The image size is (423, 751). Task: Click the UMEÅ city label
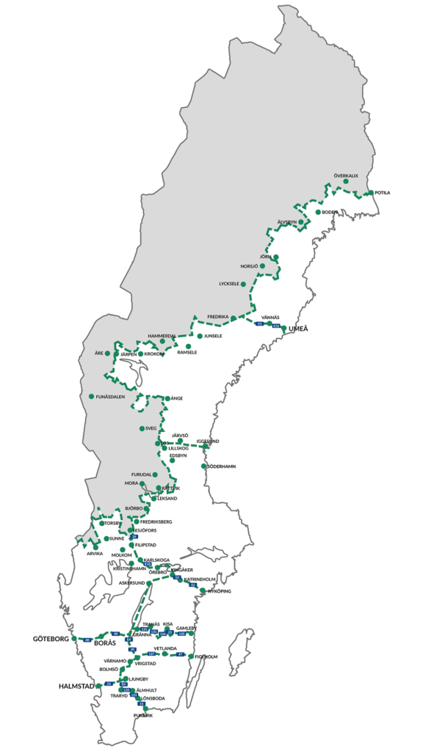click(x=298, y=327)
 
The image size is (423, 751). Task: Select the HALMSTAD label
click(x=75, y=686)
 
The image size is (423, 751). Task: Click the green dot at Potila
click(x=369, y=192)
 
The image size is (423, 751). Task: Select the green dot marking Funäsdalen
click(x=91, y=397)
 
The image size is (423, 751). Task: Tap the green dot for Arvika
click(x=95, y=547)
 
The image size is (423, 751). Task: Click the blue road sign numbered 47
click(x=181, y=654)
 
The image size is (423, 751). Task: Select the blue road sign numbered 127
click(x=152, y=653)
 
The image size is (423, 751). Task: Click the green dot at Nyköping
click(x=202, y=590)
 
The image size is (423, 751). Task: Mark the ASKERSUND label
click(x=133, y=583)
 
